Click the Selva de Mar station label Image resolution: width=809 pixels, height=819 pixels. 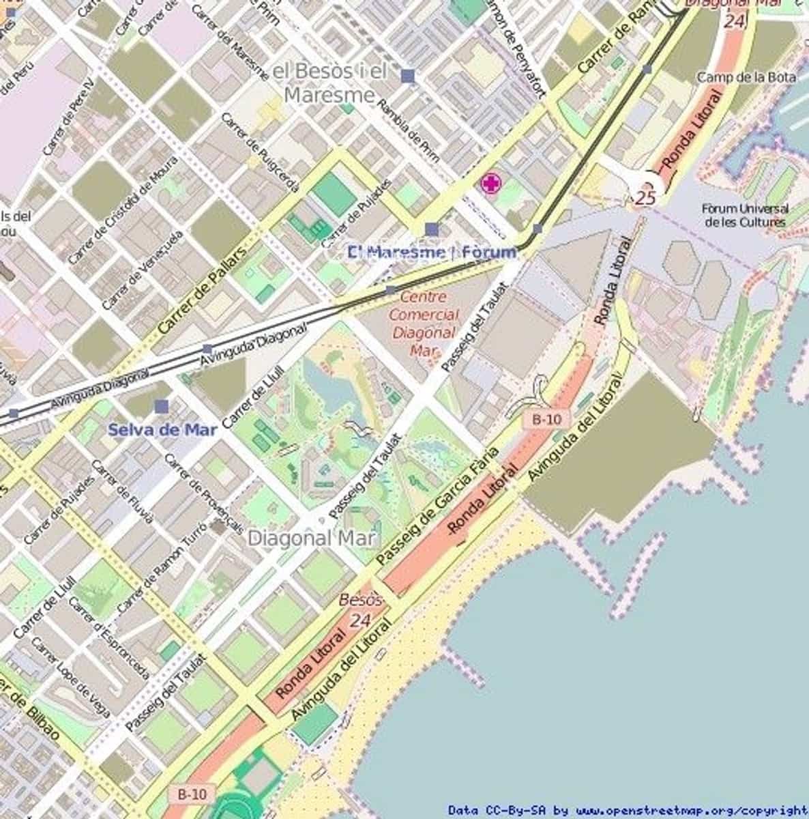pyautogui.click(x=163, y=430)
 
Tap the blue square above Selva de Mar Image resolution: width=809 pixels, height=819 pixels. pyautogui.click(x=161, y=407)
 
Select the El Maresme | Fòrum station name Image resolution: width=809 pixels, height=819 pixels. pyautogui.click(x=432, y=253)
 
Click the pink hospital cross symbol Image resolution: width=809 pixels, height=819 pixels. pyautogui.click(x=491, y=184)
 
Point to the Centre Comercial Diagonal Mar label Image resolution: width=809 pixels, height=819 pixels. pyautogui.click(x=424, y=324)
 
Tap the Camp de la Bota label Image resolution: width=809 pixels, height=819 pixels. pyautogui.click(x=746, y=77)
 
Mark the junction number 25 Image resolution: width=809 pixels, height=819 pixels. pyautogui.click(x=645, y=198)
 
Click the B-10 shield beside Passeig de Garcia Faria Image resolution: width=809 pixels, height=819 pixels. pyautogui.click(x=547, y=419)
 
